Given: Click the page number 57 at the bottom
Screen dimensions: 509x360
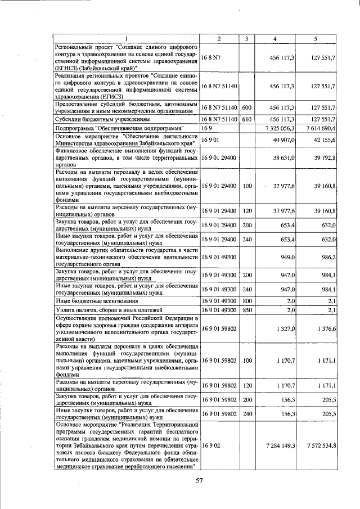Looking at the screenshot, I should [x=199, y=480].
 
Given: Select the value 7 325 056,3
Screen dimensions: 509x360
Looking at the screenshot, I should [x=279, y=129].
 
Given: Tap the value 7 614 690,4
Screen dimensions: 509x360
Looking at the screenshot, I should [x=321, y=129].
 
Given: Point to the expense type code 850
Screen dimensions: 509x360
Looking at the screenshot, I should [x=246, y=310].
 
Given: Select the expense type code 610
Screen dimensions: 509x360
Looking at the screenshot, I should [x=246, y=119].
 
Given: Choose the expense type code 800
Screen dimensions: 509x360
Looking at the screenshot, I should [x=246, y=301].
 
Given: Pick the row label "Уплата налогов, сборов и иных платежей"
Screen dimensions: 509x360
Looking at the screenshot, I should [x=109, y=310].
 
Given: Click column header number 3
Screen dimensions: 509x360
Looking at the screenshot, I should [x=246, y=38].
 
